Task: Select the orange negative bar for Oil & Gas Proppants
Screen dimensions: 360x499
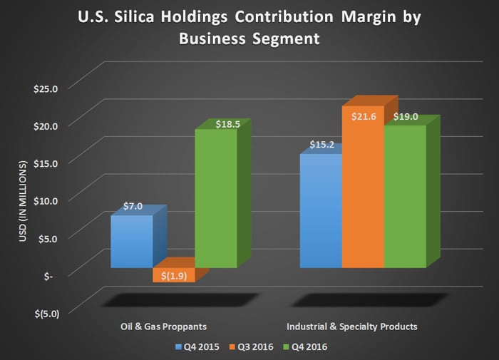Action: point(173,275)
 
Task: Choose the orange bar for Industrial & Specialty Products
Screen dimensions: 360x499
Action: point(363,187)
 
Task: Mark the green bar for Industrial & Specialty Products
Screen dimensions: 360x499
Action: point(405,197)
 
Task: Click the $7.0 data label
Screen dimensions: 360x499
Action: point(133,207)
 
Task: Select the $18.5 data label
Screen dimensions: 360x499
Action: point(217,123)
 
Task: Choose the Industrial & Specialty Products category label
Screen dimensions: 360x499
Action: point(351,326)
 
